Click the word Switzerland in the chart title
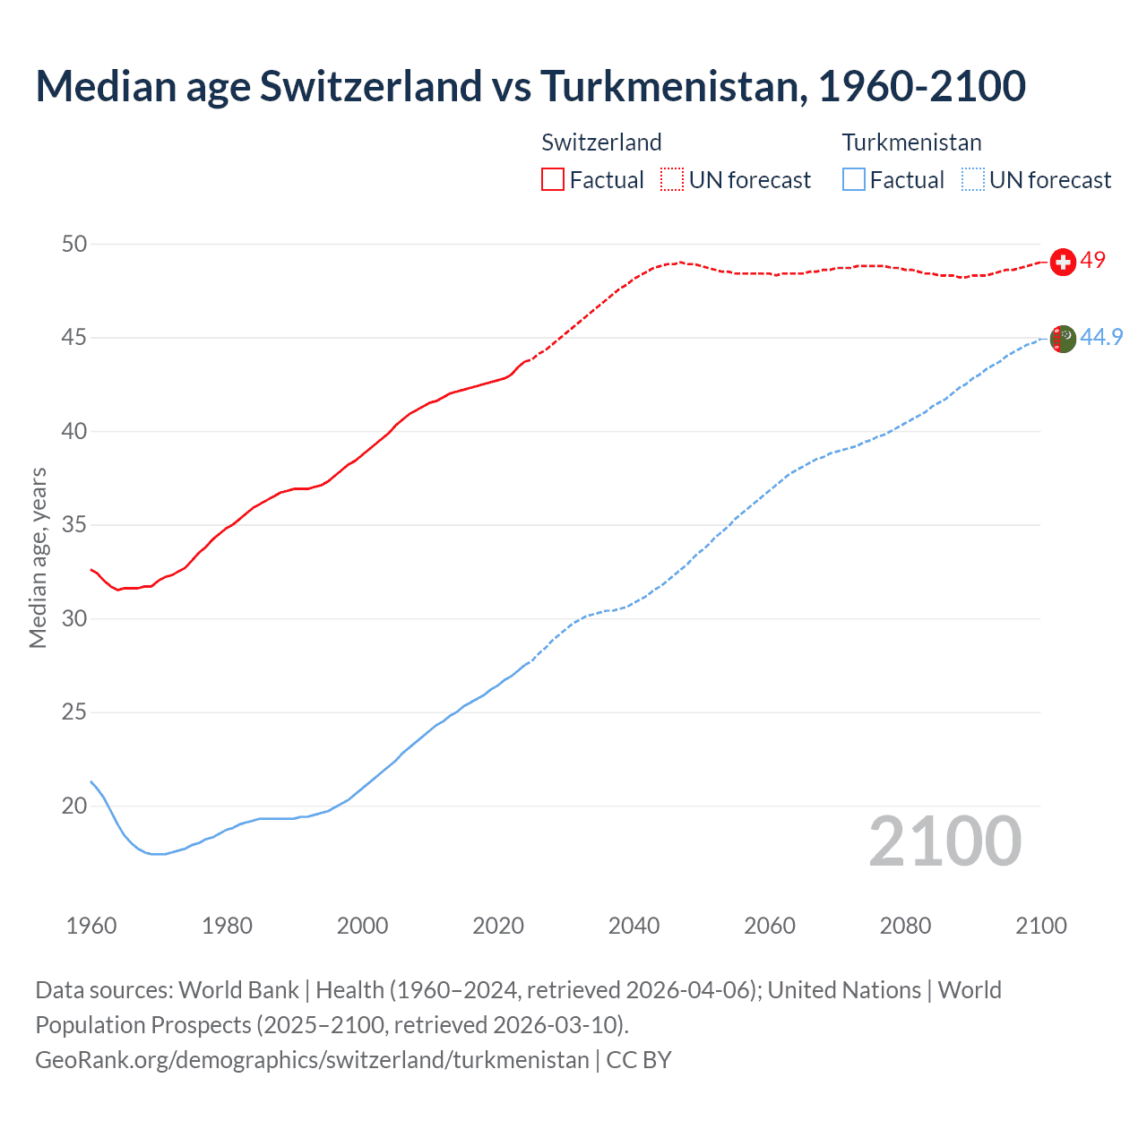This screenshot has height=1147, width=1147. tap(371, 87)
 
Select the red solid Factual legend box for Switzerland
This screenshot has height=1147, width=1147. tap(553, 180)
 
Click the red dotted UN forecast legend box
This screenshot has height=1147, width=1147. tap(672, 180)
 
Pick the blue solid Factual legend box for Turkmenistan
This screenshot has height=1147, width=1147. tap(854, 180)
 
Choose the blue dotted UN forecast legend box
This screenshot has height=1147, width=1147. tap(972, 180)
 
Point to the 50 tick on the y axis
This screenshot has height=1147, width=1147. tap(74, 244)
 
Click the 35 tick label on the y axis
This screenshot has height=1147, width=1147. tap(74, 525)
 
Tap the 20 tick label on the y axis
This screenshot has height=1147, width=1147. tap(74, 806)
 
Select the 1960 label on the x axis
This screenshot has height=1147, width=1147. tap(91, 926)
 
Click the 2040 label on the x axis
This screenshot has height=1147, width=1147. tap(634, 926)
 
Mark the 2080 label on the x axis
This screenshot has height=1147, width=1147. tap(905, 926)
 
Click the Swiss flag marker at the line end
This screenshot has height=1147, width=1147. tap(1063, 262)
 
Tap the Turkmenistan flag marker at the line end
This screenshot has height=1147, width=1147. tap(1063, 339)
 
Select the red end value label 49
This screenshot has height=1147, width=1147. tap(1092, 260)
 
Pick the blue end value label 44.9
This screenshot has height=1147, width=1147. tap(1101, 337)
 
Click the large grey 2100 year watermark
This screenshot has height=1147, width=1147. tap(944, 841)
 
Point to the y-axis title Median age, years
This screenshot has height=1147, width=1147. tap(38, 557)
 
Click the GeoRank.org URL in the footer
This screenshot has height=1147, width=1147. tap(312, 1060)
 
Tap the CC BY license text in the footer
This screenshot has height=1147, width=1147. tap(639, 1060)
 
